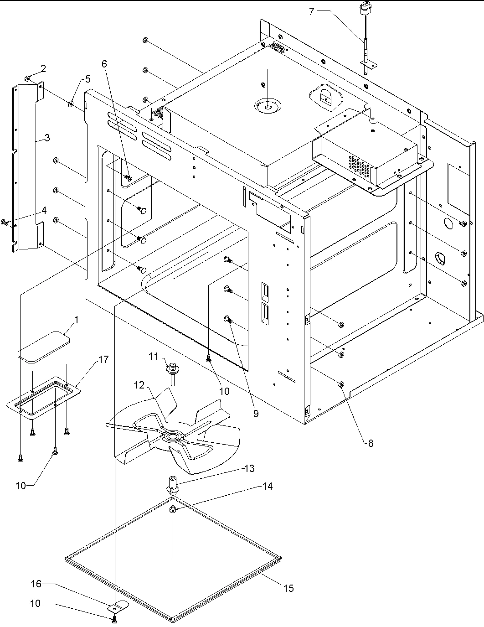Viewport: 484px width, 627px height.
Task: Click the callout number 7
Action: click(x=311, y=11)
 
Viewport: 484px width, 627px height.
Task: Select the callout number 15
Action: click(x=288, y=588)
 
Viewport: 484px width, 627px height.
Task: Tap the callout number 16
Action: click(x=36, y=584)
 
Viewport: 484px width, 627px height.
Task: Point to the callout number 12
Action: click(x=139, y=385)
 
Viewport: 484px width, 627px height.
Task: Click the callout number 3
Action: click(x=47, y=137)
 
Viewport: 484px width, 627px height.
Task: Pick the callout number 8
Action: click(x=371, y=443)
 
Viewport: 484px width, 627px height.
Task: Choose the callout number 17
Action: click(x=103, y=359)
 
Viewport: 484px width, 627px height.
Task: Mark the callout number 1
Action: click(x=76, y=320)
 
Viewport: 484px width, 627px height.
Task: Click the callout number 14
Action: click(x=267, y=487)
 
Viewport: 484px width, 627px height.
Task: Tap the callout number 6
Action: click(x=105, y=64)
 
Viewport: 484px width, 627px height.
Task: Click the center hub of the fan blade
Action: click(x=173, y=437)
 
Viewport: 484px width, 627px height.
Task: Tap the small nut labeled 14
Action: click(x=173, y=509)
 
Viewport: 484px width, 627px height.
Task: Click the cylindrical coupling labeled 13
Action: click(x=173, y=483)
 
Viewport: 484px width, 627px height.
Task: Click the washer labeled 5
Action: click(x=71, y=103)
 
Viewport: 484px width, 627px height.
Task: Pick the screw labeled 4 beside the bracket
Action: click(x=5, y=222)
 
